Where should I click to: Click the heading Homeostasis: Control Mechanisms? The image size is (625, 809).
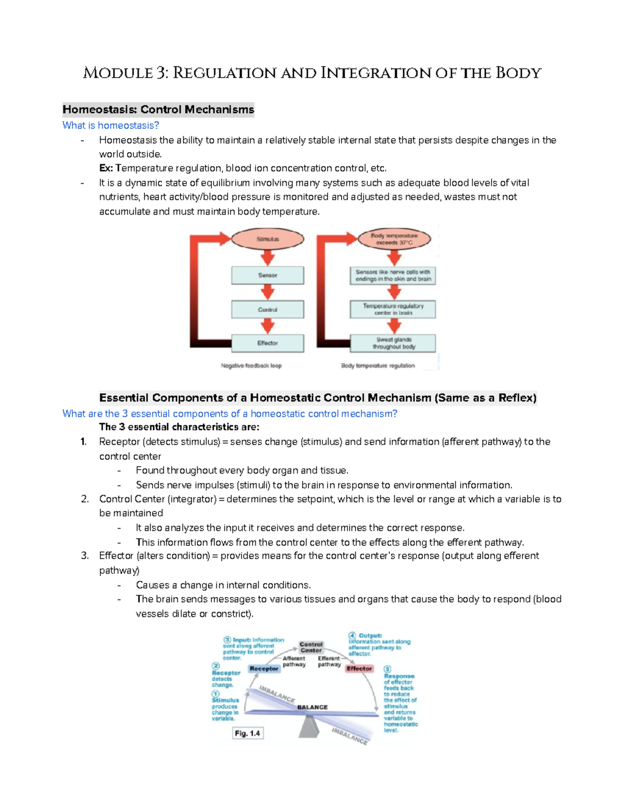click(158, 109)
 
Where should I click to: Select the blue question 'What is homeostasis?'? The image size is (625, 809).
click(110, 126)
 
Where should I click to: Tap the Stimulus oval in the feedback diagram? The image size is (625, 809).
click(267, 239)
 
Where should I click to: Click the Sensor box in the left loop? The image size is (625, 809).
click(267, 275)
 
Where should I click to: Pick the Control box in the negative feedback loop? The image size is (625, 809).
click(267, 309)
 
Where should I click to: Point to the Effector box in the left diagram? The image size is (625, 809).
click(267, 343)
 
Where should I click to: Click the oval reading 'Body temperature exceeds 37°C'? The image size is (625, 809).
click(394, 239)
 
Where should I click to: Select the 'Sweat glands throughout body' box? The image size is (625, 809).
click(394, 343)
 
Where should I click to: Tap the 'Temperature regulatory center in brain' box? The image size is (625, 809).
click(393, 309)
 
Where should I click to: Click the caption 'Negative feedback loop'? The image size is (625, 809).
click(251, 366)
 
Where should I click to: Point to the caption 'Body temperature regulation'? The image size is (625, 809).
click(378, 366)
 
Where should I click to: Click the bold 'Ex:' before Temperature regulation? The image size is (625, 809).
click(106, 168)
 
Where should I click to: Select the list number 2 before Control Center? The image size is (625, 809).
click(84, 499)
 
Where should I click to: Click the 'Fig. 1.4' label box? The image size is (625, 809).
click(247, 733)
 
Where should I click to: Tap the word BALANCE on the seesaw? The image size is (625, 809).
click(312, 707)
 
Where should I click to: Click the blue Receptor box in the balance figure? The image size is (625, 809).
click(264, 669)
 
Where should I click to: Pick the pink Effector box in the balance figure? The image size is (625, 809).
click(359, 669)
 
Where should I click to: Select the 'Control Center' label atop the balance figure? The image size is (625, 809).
click(311, 647)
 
